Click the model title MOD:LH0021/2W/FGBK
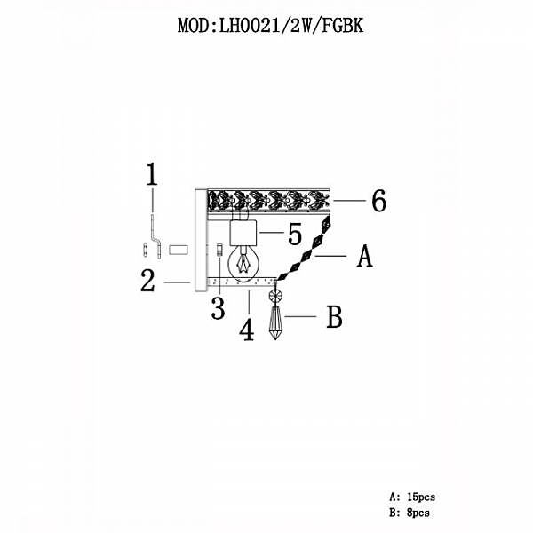271,26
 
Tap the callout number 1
152,174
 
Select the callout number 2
147,281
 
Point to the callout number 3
218,308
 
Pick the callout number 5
295,234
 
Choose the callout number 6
378,201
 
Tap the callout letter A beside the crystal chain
365,256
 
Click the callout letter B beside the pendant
334,317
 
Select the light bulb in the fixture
243,264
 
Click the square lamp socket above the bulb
244,233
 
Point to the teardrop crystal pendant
275,323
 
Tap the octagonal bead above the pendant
275,296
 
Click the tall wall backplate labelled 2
201,240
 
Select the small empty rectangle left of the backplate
179,250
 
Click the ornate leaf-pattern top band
268,201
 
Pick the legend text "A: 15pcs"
412,497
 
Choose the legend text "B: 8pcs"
410,513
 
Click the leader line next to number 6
349,201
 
